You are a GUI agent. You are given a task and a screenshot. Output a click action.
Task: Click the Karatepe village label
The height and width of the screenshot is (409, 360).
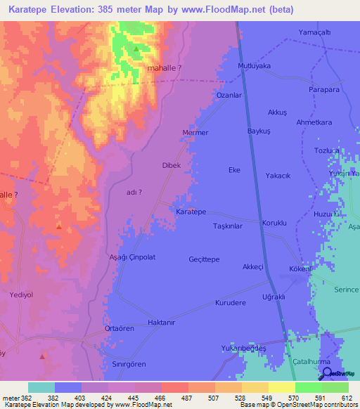[191, 212]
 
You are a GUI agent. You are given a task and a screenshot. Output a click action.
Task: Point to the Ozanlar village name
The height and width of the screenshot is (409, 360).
[229, 95]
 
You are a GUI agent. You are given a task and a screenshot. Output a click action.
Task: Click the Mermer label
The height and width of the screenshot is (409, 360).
[195, 132]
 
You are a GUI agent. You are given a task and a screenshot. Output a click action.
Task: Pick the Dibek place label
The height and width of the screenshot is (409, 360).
[172, 165]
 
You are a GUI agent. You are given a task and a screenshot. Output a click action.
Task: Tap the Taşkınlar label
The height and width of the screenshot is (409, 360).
[227, 226]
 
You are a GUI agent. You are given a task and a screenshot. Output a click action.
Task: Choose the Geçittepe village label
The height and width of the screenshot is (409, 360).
[204, 259]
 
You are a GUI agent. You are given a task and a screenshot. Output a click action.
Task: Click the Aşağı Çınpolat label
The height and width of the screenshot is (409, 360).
[131, 257]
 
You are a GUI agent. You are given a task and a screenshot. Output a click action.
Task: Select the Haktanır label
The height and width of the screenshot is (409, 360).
[160, 323]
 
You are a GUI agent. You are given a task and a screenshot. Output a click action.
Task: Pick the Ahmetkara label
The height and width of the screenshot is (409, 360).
[314, 122]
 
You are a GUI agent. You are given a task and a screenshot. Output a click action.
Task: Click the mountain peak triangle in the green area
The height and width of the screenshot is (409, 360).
[135, 49]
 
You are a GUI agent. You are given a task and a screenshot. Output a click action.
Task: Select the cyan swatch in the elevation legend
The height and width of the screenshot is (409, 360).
[41, 387]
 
